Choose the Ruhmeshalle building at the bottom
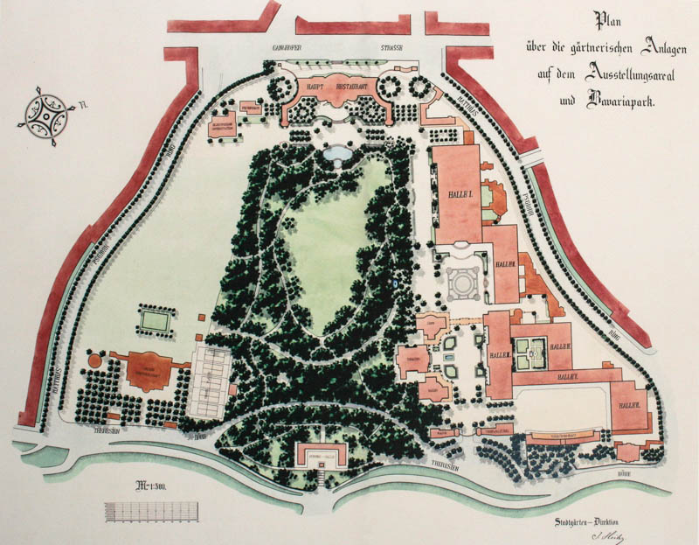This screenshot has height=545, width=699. pos(322,455)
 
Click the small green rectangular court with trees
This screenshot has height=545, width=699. pos(154,319)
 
